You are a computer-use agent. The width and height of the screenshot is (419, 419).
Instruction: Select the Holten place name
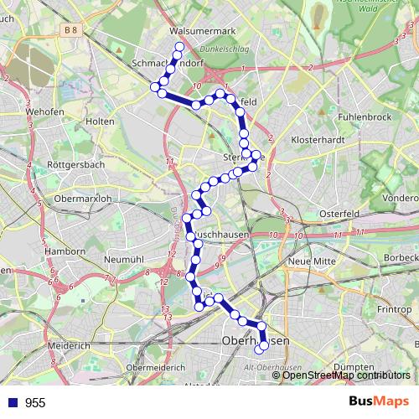pos(100,122)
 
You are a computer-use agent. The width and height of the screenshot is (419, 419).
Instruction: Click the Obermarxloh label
pos(82,199)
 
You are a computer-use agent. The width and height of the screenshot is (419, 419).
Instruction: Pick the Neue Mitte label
pos(312,261)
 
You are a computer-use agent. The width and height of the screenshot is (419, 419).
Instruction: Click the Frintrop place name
pos(395,309)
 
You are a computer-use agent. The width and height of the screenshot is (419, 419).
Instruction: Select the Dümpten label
pos(354,367)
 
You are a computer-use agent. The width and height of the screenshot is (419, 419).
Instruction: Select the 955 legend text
pos(35,402)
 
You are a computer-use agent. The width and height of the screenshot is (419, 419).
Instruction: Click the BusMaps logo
pos(379,402)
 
